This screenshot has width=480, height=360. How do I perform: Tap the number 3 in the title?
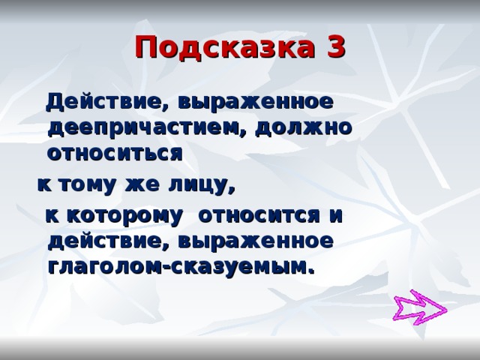337,47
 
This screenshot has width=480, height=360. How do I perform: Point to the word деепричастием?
145,126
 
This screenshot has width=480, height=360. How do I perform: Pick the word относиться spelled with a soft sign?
114,153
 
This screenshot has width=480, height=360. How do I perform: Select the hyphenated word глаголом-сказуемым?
177,266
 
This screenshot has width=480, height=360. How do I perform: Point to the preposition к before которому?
53,215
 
